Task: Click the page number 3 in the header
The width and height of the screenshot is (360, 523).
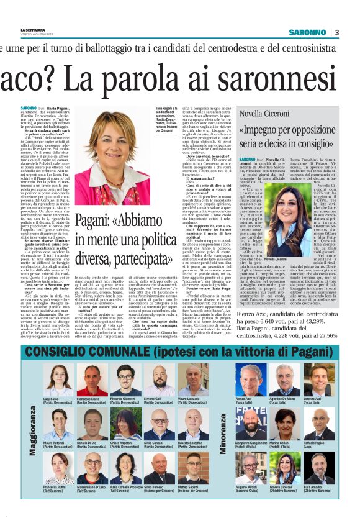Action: tap(336, 32)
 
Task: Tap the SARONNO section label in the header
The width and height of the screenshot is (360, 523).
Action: tap(308, 32)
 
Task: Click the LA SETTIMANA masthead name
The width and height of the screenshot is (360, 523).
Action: tap(32, 30)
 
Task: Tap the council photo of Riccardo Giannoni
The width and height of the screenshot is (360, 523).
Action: tap(126, 380)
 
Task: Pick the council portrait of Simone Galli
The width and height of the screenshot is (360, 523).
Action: tap(160, 380)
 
